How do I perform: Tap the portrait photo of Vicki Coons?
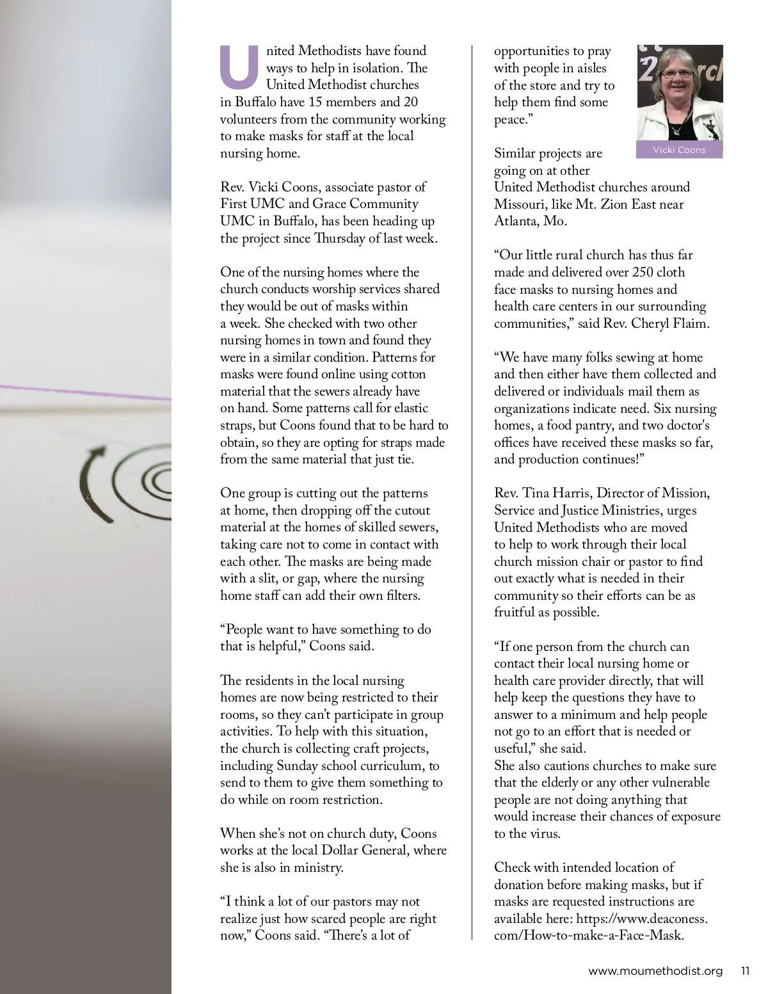[x=680, y=93]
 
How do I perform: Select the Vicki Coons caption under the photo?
[x=679, y=150]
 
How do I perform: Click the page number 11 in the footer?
[x=745, y=971]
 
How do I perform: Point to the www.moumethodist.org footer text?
[x=655, y=971]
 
